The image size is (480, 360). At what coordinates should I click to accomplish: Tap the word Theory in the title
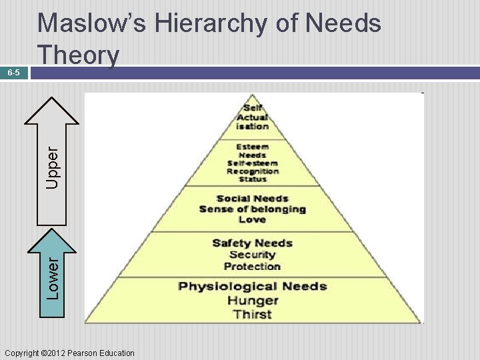(78, 55)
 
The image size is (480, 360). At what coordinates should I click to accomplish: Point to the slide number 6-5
(14, 72)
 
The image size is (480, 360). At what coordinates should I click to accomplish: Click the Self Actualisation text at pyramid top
(253, 117)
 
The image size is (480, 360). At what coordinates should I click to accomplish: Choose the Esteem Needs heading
(253, 151)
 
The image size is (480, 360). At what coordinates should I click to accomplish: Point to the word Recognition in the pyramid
(253, 171)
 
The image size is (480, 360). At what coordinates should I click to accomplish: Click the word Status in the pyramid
(253, 179)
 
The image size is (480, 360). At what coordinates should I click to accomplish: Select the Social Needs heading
(253, 198)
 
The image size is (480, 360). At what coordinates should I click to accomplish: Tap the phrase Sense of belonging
(253, 209)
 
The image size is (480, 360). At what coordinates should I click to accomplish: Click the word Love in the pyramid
(253, 219)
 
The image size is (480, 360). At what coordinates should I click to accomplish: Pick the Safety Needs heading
(253, 243)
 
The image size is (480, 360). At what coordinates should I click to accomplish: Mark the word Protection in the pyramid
(253, 267)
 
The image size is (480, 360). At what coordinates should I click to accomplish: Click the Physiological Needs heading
(253, 287)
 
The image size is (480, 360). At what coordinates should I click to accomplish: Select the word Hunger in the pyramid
(253, 301)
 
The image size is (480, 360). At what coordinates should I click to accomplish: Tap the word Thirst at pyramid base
(253, 314)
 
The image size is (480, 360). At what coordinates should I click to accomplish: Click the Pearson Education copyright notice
(69, 353)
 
